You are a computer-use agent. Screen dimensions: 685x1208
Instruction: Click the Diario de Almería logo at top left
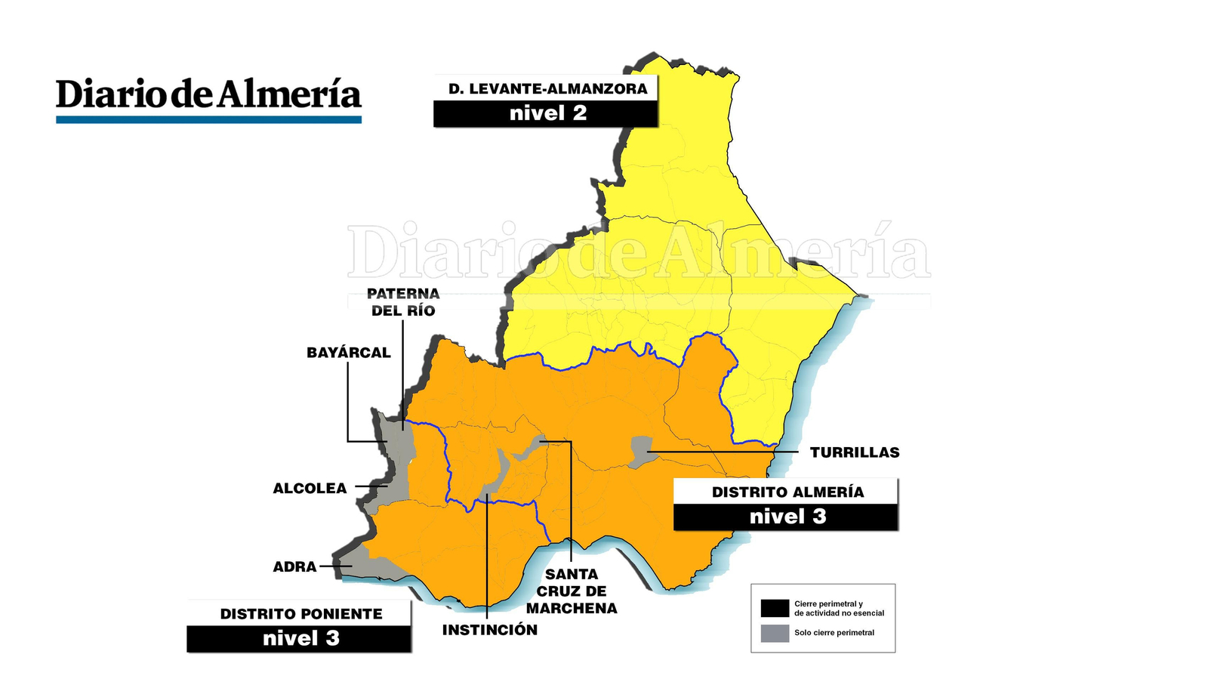208,94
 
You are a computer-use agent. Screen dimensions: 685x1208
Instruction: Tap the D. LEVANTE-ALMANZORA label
547,88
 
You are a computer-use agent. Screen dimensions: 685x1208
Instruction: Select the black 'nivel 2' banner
547,114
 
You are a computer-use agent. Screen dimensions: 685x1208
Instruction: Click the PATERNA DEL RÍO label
403,302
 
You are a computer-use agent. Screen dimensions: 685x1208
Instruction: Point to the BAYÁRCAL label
348,353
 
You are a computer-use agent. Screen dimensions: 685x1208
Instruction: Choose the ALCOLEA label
310,489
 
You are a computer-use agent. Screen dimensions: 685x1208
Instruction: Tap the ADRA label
294,566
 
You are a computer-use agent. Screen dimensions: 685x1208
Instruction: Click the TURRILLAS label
855,452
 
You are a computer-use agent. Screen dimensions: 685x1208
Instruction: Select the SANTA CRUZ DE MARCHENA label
572,591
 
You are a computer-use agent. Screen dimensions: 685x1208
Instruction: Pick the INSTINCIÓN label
490,630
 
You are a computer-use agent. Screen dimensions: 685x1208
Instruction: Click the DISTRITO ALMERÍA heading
787,492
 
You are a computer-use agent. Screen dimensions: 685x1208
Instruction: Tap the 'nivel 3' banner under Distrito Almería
787,517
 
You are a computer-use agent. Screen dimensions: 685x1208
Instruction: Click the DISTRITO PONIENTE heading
301,614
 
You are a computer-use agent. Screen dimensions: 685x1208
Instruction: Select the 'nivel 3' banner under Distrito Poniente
301,639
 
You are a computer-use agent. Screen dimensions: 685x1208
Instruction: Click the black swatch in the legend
775,608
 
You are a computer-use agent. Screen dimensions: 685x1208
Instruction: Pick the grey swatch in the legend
775,633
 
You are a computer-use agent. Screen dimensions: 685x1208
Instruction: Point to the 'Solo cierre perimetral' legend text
834,633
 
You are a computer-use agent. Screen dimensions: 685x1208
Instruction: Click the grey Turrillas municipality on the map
641,451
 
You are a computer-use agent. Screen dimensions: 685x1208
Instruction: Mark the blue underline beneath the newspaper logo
208,119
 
